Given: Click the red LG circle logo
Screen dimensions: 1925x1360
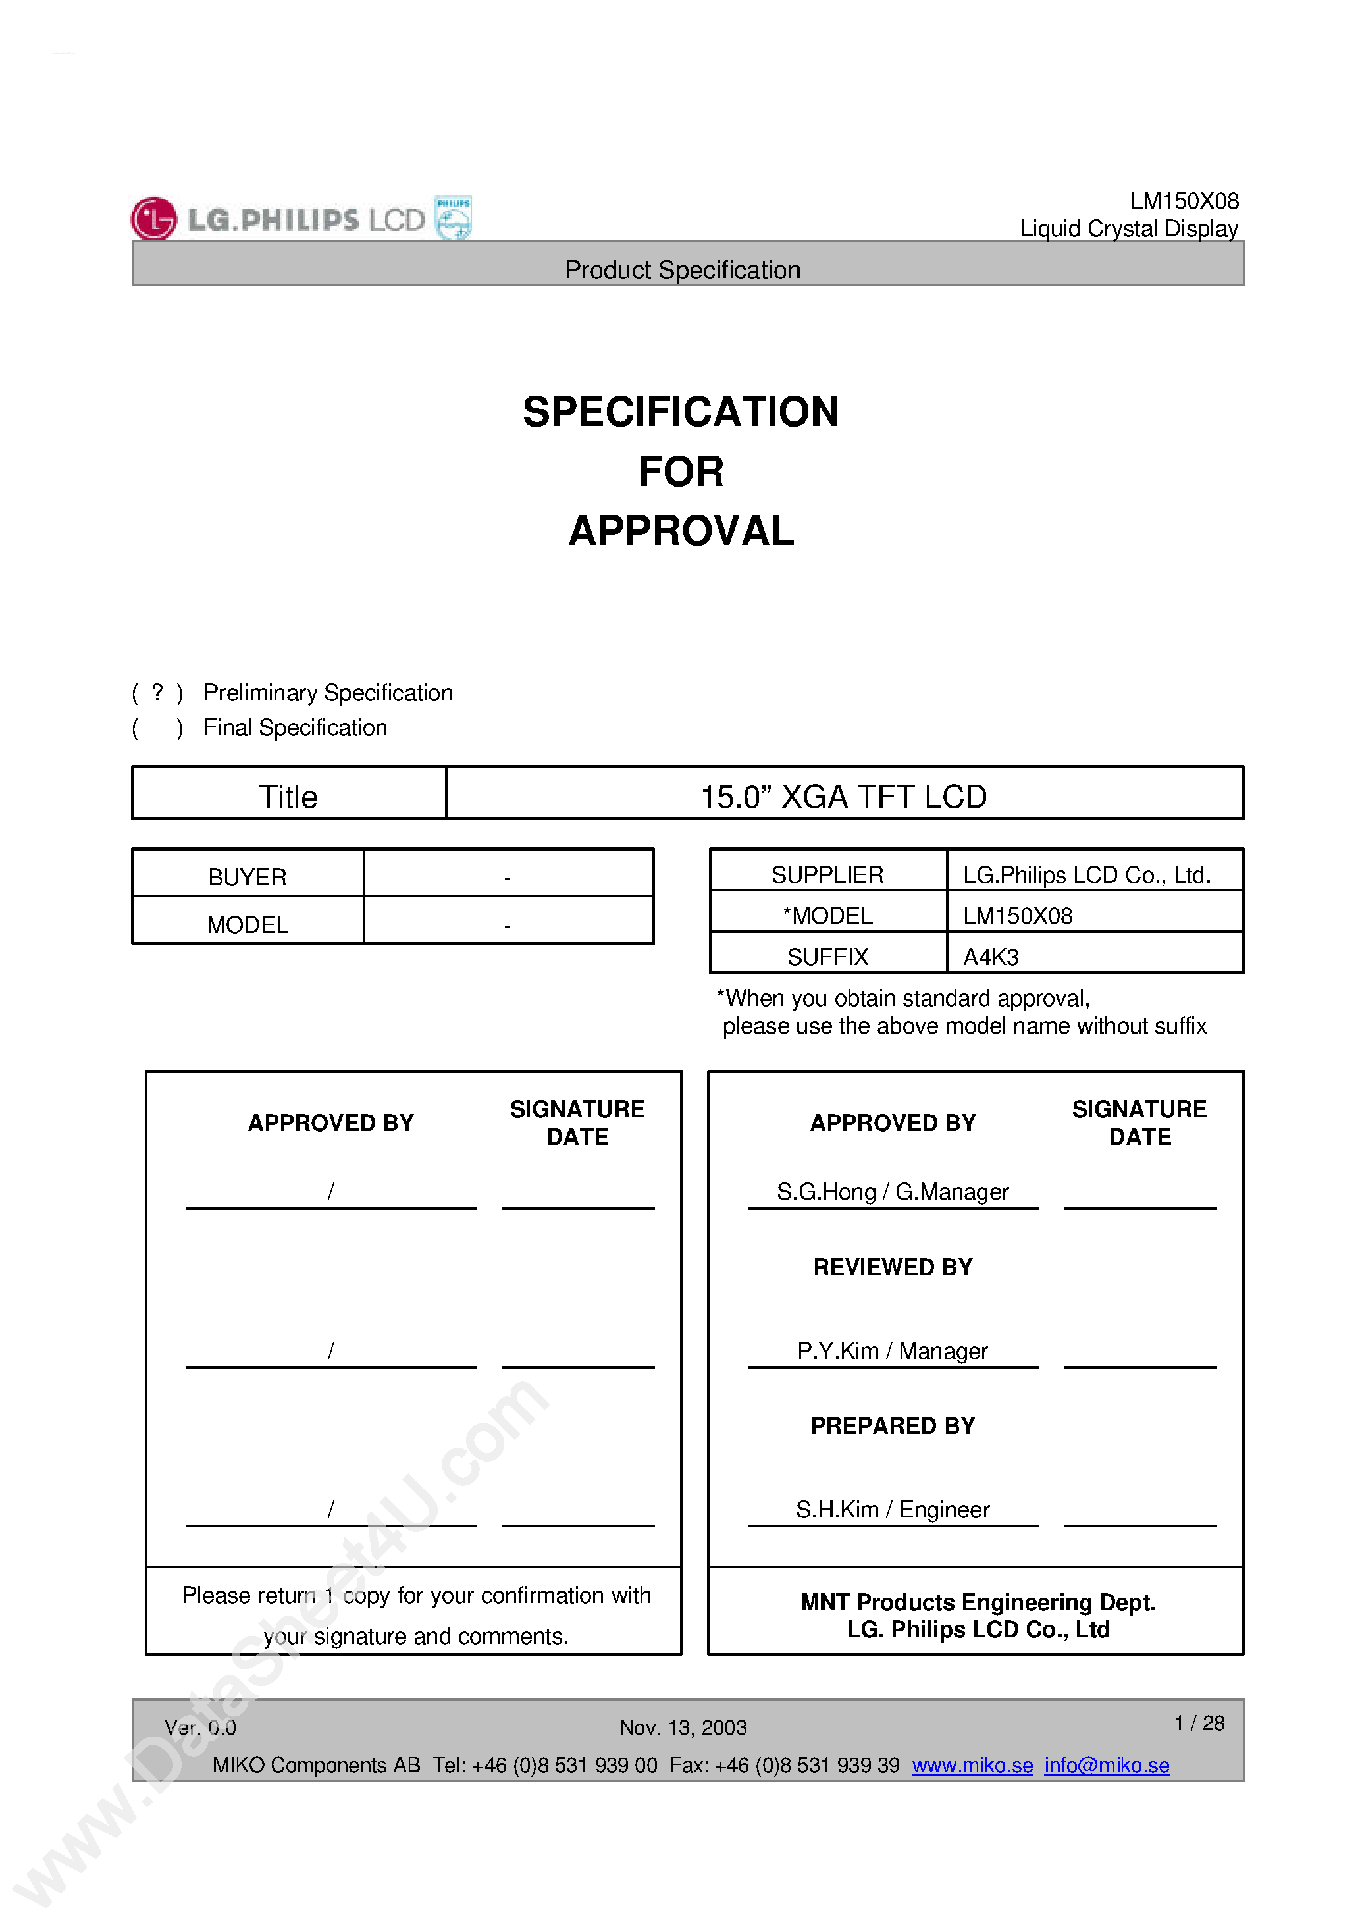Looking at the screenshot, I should [153, 218].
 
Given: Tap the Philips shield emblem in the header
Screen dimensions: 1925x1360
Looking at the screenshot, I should [453, 217].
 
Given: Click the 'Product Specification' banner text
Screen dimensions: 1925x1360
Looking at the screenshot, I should [682, 270].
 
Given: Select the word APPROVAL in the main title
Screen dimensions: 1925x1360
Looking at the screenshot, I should [681, 531].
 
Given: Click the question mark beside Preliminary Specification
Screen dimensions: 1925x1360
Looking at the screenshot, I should [157, 692].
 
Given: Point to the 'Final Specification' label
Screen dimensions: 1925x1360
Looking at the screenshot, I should [295, 727].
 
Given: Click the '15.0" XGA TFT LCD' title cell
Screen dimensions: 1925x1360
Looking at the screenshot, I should [843, 797].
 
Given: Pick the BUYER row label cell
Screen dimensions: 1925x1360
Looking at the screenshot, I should [248, 877].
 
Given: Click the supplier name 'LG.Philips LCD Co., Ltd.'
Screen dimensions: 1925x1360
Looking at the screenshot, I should [1085, 874].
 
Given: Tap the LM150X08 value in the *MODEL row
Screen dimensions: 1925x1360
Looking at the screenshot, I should [1017, 916].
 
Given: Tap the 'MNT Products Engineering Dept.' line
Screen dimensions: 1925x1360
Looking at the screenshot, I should [978, 1602].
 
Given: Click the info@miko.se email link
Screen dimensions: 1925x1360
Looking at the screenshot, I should [1106, 1765].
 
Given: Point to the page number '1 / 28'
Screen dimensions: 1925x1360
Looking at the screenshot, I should [1199, 1723].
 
